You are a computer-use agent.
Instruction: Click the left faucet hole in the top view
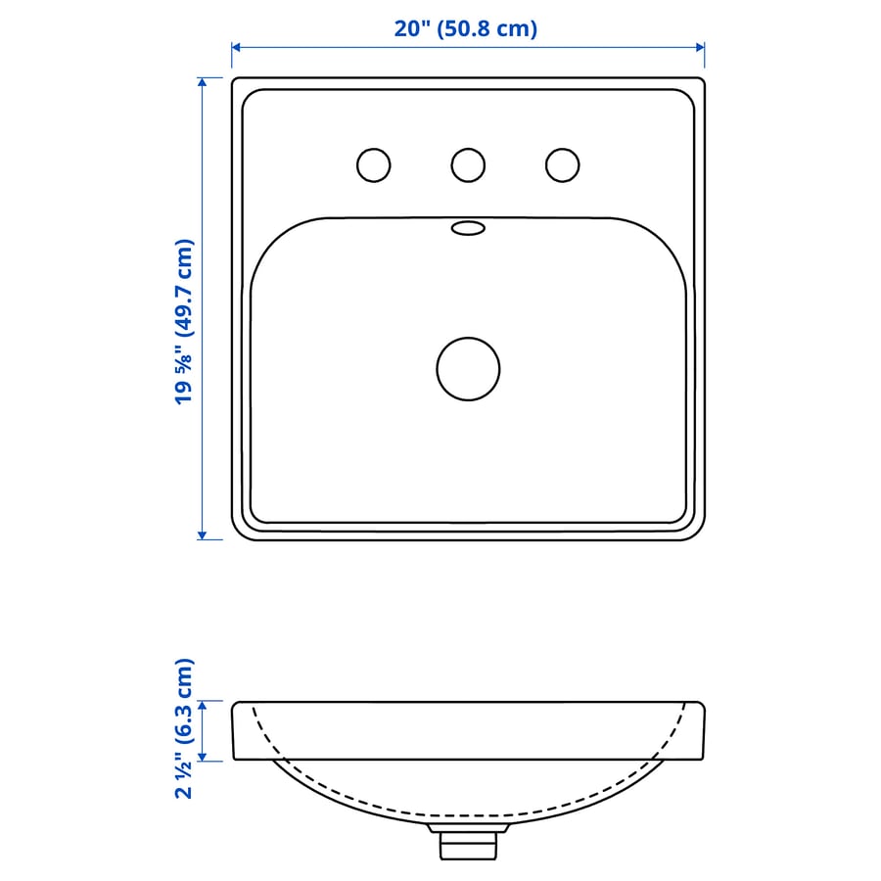373,164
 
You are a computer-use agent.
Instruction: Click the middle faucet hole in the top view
468,164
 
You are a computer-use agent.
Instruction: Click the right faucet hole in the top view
562,164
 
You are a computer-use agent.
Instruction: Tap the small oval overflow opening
468,228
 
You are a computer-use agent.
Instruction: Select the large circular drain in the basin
468,369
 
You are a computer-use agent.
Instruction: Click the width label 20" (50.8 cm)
466,28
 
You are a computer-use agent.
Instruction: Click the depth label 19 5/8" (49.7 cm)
185,322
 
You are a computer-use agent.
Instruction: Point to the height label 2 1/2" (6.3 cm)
185,728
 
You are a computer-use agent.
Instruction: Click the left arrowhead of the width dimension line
236,47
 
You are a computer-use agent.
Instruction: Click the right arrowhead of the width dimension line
700,47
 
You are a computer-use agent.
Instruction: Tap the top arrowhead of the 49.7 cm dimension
203,82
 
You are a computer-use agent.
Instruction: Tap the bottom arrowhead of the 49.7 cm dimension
203,534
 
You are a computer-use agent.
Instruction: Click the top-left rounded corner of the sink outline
237,83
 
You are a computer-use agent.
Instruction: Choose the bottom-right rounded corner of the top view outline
699,534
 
